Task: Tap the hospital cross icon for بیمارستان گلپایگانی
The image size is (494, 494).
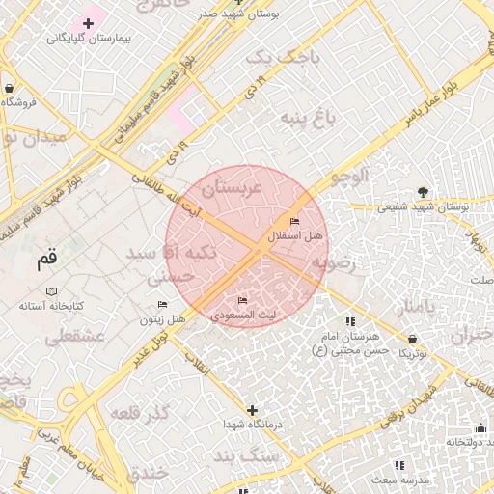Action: click(x=88, y=22)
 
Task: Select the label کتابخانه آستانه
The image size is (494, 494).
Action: click(x=52, y=306)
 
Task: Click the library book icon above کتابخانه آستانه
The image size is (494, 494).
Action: click(x=52, y=291)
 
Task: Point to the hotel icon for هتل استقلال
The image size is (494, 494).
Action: click(x=294, y=223)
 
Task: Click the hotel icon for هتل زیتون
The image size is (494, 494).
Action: click(x=162, y=306)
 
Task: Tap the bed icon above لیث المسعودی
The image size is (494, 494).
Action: click(x=242, y=301)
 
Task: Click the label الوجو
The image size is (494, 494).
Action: click(x=350, y=177)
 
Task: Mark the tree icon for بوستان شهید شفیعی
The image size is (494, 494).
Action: click(x=423, y=191)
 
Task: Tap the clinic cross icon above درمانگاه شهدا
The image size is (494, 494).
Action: click(x=252, y=410)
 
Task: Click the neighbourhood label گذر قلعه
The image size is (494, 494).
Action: click(x=140, y=414)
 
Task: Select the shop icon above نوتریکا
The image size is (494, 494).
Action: click(x=413, y=340)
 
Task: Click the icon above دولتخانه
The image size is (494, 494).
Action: click(x=480, y=427)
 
